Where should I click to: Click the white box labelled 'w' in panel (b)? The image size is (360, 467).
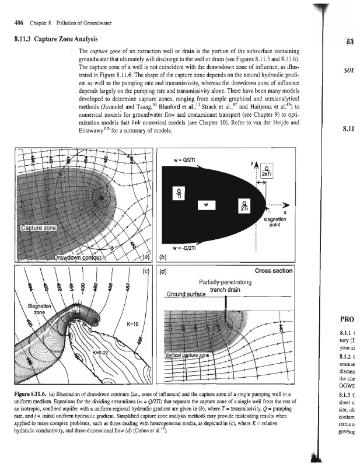pos(207,205)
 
